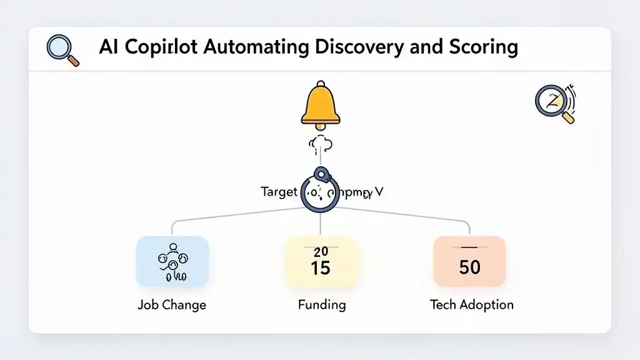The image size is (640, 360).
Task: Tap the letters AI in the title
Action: coord(109,47)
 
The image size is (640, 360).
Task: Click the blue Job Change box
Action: coord(172,261)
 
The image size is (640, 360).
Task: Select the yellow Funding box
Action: coord(321,261)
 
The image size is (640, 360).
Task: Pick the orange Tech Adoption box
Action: coord(469,261)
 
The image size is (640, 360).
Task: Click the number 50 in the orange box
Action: coord(469,267)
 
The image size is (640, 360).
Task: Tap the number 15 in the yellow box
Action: coord(321,269)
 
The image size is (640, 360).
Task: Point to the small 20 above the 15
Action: coord(321,252)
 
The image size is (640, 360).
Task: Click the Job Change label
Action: coord(172,305)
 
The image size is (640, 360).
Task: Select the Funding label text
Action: coord(321,305)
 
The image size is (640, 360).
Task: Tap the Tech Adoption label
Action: coord(471,305)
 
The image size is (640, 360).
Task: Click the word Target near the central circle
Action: coord(278,192)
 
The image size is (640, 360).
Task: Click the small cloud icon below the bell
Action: coord(320,145)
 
